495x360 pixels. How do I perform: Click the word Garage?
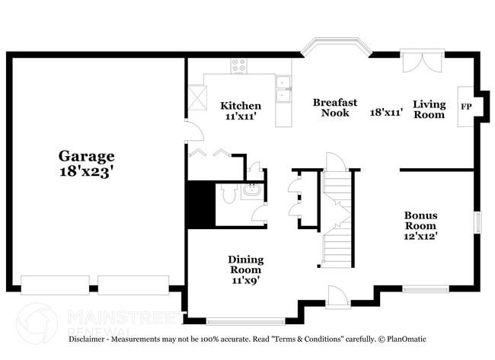[87, 156]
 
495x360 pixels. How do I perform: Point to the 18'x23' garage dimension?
[87, 172]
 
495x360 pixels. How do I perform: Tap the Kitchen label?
[241, 106]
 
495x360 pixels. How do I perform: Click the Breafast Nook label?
[335, 107]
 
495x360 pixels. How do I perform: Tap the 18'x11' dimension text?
[386, 112]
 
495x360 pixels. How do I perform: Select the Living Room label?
[429, 109]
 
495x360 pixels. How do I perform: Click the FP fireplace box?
[466, 107]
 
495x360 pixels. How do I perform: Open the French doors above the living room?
[422, 62]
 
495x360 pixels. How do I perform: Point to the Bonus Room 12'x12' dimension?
[420, 236]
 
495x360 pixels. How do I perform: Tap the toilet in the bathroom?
[229, 196]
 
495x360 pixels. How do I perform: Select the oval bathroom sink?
[252, 191]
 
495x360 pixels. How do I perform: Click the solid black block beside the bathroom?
[201, 204]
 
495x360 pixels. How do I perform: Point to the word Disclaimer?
[92, 339]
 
